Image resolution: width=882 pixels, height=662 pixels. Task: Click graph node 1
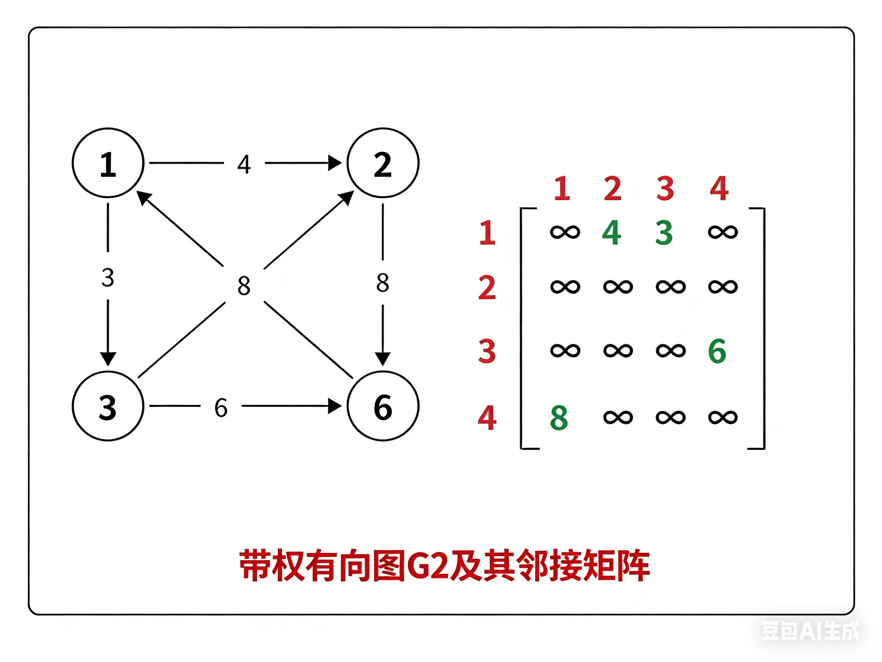[108, 163]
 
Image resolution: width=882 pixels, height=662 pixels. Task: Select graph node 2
[383, 163]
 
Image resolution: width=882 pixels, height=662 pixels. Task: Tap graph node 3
[108, 406]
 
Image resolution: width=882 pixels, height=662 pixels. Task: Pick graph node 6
[383, 406]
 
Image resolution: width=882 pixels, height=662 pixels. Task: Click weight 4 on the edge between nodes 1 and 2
[244, 164]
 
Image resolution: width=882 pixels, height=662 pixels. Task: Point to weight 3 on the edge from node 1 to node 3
[108, 277]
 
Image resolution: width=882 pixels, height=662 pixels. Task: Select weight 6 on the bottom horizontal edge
[221, 408]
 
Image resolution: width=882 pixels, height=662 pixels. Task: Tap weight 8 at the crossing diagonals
[244, 285]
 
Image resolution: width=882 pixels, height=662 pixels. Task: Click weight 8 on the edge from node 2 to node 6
[383, 283]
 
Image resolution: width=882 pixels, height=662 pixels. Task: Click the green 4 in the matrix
[611, 232]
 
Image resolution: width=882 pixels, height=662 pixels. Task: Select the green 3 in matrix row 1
[664, 232]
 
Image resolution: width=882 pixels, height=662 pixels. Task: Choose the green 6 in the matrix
[717, 351]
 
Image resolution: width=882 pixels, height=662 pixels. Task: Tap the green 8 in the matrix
[559, 418]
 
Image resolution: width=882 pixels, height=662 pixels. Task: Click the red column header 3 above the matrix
[665, 188]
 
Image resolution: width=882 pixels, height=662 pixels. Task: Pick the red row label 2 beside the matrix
[487, 287]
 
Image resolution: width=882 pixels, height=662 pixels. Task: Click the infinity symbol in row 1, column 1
[565, 232]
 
